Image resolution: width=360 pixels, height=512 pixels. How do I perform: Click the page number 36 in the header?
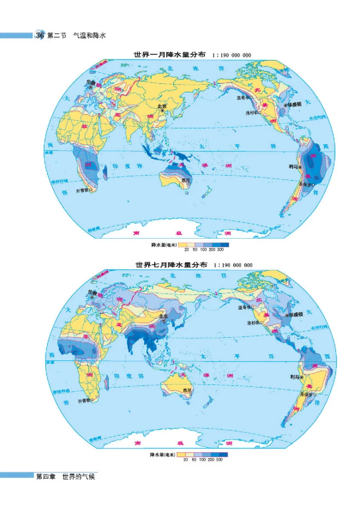40,35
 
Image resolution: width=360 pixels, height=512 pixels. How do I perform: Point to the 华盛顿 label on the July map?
296,315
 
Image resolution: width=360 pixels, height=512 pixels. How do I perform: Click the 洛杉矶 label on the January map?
252,113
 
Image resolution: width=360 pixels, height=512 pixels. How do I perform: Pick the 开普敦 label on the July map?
83,400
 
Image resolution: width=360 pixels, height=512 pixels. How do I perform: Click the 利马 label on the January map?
293,166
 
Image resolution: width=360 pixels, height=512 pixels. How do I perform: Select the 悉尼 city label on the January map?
185,181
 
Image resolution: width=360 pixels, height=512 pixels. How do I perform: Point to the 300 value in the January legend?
220,249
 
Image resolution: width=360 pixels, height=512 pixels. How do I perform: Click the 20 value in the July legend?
186,459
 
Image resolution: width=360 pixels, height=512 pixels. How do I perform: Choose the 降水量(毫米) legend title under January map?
162,245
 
